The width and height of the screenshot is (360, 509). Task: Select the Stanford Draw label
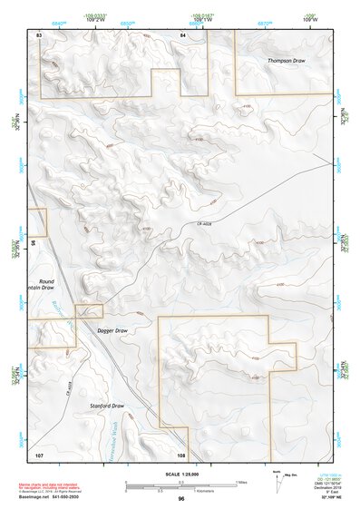tap(106, 406)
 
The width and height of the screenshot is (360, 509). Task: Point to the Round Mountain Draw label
tap(46, 286)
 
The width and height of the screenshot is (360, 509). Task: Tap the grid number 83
tap(39, 34)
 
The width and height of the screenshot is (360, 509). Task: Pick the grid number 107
tap(39, 453)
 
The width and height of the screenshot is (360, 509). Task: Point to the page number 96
tap(182, 499)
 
